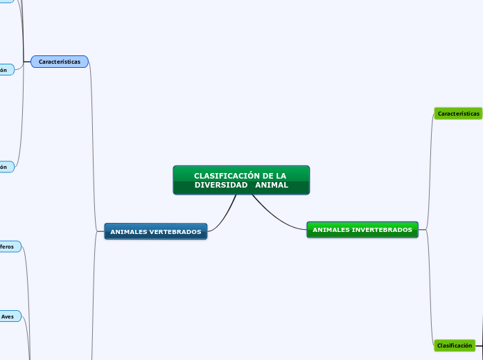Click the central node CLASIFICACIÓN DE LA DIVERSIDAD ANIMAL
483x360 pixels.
click(x=241, y=180)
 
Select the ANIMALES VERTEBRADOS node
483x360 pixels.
click(x=155, y=231)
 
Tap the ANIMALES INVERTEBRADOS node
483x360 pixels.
click(x=362, y=229)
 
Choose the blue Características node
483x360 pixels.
click(x=60, y=62)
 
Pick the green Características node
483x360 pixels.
click(x=458, y=113)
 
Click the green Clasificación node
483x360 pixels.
click(x=455, y=345)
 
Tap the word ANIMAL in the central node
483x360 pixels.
click(x=272, y=185)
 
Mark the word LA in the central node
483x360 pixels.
click(x=281, y=176)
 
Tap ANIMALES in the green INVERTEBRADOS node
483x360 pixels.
click(x=331, y=229)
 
